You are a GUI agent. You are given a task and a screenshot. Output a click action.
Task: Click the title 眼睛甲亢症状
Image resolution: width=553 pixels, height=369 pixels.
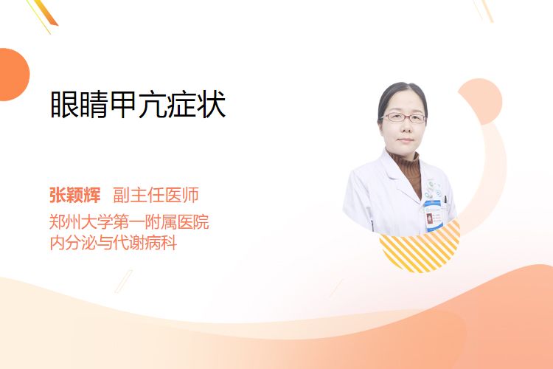click(x=138, y=104)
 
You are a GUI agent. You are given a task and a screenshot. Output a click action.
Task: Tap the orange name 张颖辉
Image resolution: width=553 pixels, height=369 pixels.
click(x=74, y=195)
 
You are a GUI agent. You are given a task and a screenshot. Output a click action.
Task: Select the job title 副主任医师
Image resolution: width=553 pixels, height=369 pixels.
click(x=156, y=195)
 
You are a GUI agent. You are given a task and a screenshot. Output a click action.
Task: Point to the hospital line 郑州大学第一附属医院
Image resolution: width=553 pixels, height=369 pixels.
click(x=129, y=222)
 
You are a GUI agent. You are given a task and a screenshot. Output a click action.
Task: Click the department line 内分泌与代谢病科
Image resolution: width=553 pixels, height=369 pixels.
click(x=114, y=243)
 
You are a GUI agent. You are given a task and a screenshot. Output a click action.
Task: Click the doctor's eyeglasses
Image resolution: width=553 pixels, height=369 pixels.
click(x=404, y=117)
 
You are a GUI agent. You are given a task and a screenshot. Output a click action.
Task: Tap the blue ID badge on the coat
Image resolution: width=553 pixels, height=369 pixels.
click(x=433, y=215)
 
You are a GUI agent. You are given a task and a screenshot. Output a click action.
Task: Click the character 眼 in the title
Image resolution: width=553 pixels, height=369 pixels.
click(x=64, y=104)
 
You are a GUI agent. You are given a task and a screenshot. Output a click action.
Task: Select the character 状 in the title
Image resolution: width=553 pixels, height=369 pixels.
click(x=212, y=104)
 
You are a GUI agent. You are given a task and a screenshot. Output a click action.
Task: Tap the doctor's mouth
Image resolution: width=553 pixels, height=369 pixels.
click(x=406, y=140)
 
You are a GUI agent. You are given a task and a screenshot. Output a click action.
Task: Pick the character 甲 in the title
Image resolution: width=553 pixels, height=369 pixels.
click(x=123, y=104)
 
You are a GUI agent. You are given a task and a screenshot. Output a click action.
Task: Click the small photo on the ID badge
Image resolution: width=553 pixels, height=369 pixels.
click(x=430, y=218)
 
